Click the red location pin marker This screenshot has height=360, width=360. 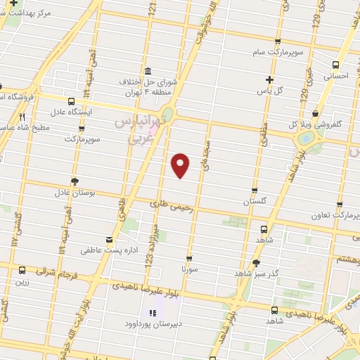pyautogui.click(x=181, y=165)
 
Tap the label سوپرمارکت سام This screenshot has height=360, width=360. pyautogui.click(x=278, y=52)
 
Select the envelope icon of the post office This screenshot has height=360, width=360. pyautogui.click(x=108, y=239)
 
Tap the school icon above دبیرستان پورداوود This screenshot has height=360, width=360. pyautogui.click(x=150, y=313)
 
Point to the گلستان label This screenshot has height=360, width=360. pyautogui.click(x=256, y=201)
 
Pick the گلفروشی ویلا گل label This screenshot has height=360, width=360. pyautogui.click(x=336, y=124)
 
